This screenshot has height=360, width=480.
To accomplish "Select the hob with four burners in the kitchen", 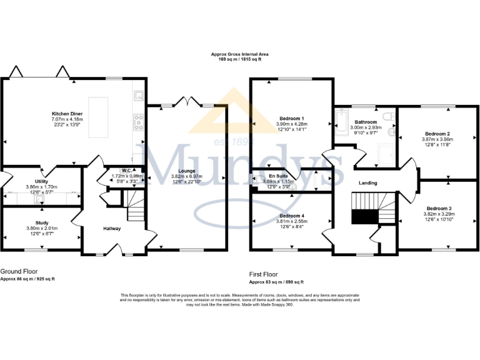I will click(137, 122).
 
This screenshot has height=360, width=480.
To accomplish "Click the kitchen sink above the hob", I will click(139, 96).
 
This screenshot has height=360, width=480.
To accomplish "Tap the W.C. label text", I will click(126, 170).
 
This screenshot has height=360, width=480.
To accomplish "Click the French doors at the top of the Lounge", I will click(185, 101).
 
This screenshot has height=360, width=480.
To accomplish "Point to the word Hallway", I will click(112, 229).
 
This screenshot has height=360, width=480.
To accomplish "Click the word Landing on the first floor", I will click(367, 182).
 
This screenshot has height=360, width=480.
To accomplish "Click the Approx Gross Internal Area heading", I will click(240, 55).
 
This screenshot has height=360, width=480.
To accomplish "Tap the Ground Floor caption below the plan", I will click(18, 272).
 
